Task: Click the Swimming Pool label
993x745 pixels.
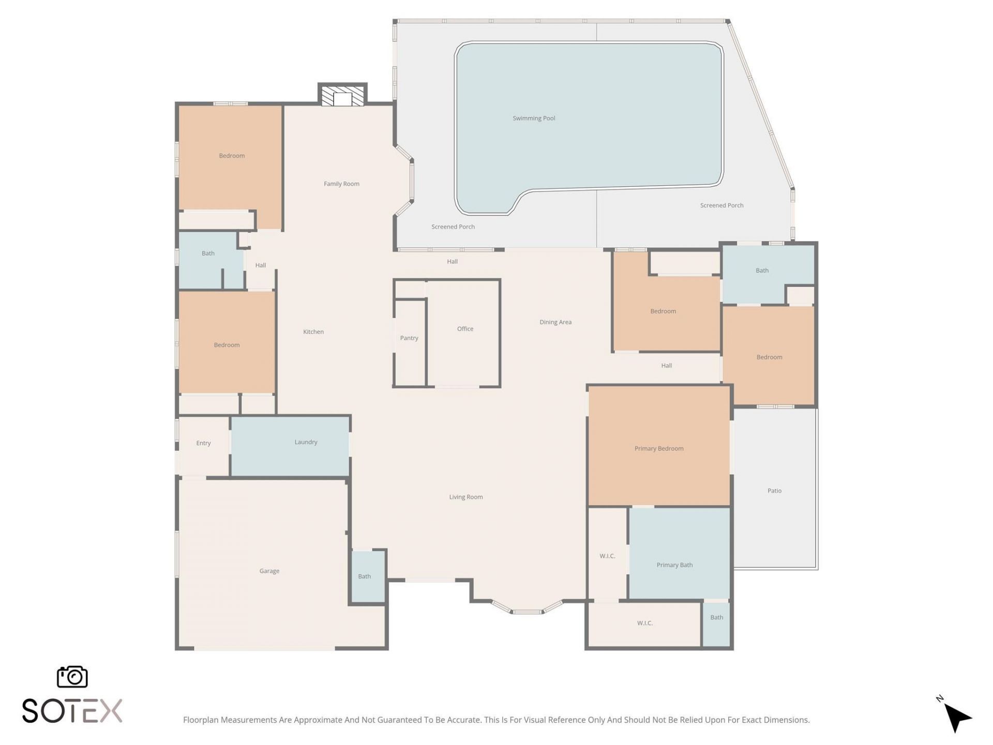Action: point(534,118)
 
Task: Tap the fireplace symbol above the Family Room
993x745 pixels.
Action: point(342,96)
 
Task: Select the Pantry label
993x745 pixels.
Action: point(409,338)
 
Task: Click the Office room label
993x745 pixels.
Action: point(465,329)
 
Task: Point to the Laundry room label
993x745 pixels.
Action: point(306,442)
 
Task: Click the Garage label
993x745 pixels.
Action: point(269,571)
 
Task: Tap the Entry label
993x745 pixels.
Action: point(203,443)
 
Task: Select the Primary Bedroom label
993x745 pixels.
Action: point(659,449)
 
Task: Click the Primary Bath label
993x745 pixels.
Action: point(674,565)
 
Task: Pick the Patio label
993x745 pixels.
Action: point(774,491)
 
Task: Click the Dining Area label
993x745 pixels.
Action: point(555,322)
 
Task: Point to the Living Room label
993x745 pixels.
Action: point(465,497)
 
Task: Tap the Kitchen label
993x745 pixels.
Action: point(313,332)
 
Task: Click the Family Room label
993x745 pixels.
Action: point(341,184)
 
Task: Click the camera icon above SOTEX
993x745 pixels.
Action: point(72,677)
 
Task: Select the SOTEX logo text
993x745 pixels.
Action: point(72,711)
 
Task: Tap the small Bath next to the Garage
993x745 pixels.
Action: point(365,576)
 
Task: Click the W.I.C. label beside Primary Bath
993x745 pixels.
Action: point(607,556)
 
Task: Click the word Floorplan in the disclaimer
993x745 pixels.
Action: point(201,720)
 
